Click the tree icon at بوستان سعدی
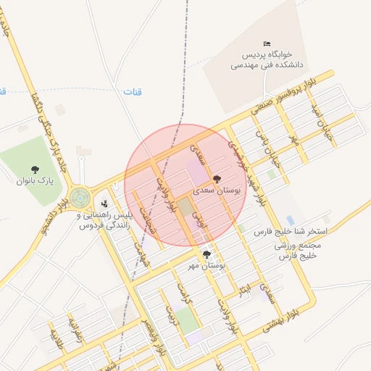217,178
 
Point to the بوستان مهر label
207,266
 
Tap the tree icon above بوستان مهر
207,254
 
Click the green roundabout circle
79,196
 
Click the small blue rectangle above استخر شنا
291,220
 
